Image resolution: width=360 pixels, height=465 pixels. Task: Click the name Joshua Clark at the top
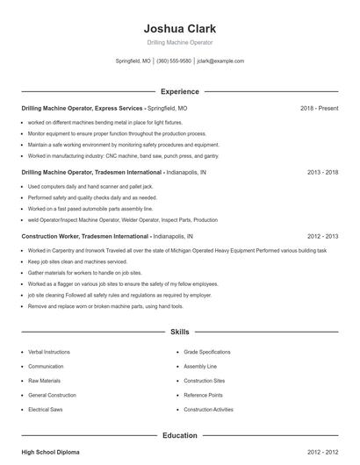click(x=179, y=28)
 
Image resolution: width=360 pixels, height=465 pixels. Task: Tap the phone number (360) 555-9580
click(x=175, y=61)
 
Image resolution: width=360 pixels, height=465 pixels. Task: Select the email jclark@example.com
click(x=220, y=61)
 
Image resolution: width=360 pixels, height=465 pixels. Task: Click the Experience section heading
click(x=179, y=91)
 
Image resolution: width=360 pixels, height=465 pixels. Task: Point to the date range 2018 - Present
click(x=319, y=108)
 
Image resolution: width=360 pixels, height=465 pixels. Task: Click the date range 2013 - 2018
click(x=322, y=173)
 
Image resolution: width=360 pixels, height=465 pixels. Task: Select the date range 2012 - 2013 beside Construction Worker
click(x=322, y=237)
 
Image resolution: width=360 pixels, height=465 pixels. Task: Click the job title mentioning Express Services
click(x=82, y=108)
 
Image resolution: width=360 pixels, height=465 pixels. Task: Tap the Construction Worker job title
click(x=85, y=237)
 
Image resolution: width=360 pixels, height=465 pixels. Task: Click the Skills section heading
click(x=179, y=333)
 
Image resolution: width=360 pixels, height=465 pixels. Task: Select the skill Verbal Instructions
click(x=49, y=351)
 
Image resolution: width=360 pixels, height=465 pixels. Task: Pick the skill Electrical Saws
click(x=46, y=410)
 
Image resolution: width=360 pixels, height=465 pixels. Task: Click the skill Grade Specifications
click(x=207, y=351)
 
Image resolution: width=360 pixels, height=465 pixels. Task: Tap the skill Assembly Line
click(x=200, y=366)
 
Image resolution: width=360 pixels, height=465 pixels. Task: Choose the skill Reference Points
click(x=203, y=395)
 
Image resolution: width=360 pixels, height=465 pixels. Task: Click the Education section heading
click(x=179, y=435)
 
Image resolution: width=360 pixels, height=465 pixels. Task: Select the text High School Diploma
click(x=50, y=452)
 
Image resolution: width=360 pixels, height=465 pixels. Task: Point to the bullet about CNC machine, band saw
click(x=123, y=155)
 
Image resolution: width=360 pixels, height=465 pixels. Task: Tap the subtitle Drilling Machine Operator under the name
click(x=179, y=42)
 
